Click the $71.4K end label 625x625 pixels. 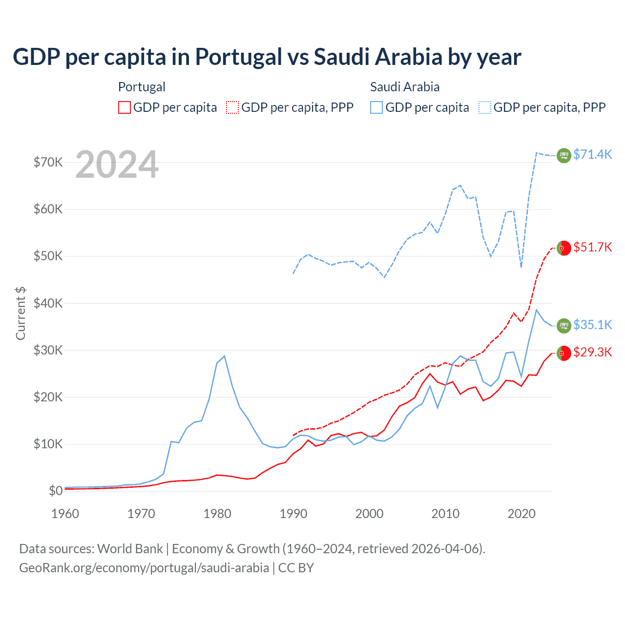coord(592,154)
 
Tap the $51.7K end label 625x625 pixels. coord(592,247)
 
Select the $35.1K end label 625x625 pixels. coord(592,325)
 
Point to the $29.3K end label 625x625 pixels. coord(592,352)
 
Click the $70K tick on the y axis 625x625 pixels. coord(48,162)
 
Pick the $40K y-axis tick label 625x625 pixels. coord(48,303)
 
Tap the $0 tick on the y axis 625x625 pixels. coord(56,491)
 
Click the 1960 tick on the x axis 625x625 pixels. coord(65,514)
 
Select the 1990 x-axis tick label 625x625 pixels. coord(293,514)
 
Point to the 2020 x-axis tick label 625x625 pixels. coord(521,514)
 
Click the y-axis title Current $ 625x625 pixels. coord(21,313)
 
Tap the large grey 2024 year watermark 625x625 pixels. coord(117,165)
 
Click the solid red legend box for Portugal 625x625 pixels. coord(125,107)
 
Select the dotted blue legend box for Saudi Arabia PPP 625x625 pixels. coord(485,107)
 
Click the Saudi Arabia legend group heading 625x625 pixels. coord(405,87)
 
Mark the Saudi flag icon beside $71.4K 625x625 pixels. coord(564,155)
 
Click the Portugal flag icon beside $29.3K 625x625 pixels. coord(564,353)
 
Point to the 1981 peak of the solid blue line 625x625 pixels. coord(224,356)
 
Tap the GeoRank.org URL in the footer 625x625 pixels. coord(144,568)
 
